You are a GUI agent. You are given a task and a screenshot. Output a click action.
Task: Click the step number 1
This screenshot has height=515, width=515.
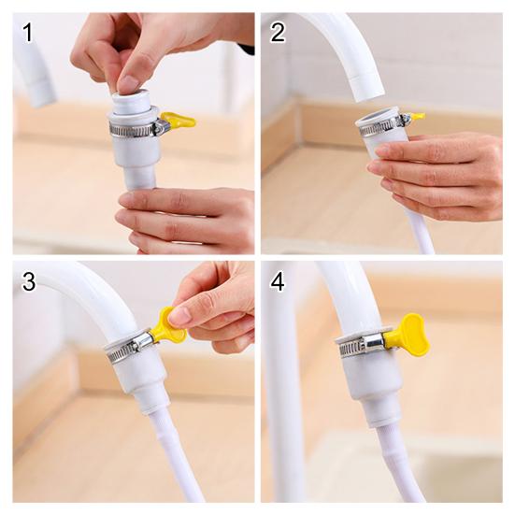pyautogui.click(x=28, y=33)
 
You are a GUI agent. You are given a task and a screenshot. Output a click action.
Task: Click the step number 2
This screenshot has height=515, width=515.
pyautogui.click(x=278, y=33)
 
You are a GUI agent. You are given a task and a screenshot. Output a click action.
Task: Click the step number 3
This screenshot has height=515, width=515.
pyautogui.click(x=29, y=281)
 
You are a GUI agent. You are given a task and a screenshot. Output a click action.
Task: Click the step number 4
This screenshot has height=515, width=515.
pyautogui.click(x=278, y=281)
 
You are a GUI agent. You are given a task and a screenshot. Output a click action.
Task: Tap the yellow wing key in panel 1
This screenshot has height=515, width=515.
pyautogui.click(x=179, y=120)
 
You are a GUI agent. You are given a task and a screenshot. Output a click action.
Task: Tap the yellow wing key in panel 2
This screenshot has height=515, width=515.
pyautogui.click(x=417, y=116)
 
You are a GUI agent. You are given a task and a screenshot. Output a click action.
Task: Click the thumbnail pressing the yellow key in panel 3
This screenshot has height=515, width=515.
pyautogui.click(x=179, y=316)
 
